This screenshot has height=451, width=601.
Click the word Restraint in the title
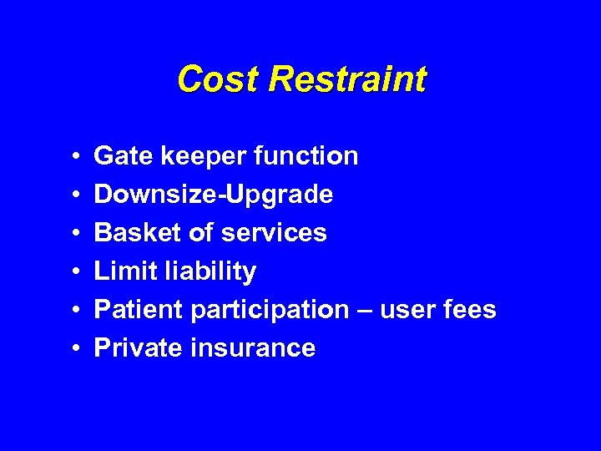pyautogui.click(x=348, y=79)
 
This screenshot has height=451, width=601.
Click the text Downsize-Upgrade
pyautogui.click(x=214, y=195)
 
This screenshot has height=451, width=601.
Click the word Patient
pyautogui.click(x=139, y=310)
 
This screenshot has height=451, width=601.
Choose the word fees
pyautogui.click(x=471, y=310)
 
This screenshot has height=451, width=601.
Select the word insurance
pyautogui.click(x=254, y=347)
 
